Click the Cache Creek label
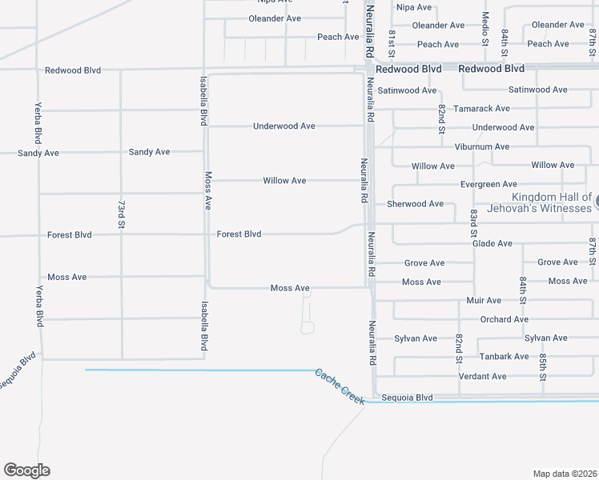[x=340, y=386]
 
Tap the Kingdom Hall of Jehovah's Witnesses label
[x=551, y=202]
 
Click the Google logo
[x=26, y=470]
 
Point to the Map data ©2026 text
[x=565, y=474]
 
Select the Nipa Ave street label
[x=414, y=7]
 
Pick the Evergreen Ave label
[x=488, y=184]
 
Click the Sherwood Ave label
[x=415, y=204]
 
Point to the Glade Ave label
[x=492, y=243]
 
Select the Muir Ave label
[x=484, y=301]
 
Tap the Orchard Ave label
[x=505, y=319]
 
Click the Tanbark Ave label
[x=504, y=357]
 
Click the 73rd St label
[x=122, y=218]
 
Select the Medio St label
[x=485, y=27]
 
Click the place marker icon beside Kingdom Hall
[x=597, y=201]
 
